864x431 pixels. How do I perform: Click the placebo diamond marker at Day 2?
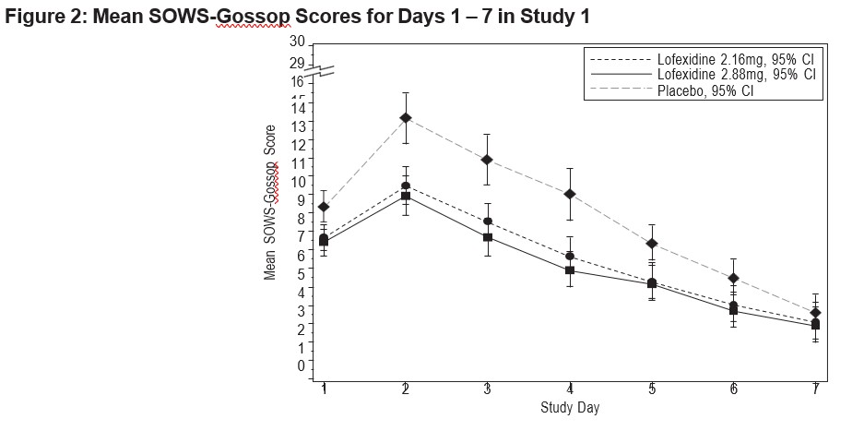click(x=406, y=117)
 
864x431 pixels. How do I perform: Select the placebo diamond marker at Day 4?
click(x=570, y=194)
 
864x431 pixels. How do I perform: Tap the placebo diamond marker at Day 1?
click(x=324, y=207)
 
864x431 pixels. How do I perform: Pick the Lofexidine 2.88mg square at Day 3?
click(x=488, y=237)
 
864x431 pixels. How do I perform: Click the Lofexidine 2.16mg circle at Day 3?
click(x=488, y=221)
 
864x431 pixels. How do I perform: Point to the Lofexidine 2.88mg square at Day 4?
click(x=570, y=269)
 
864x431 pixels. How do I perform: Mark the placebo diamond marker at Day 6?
click(x=733, y=278)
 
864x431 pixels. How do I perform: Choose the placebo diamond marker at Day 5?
click(x=652, y=244)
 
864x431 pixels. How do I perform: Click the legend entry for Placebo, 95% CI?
click(x=705, y=90)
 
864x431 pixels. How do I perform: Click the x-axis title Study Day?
click(x=570, y=408)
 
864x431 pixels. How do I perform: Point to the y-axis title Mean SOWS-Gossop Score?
click(x=270, y=202)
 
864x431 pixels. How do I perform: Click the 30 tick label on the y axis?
click(x=297, y=42)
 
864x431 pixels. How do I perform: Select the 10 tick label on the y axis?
click(x=297, y=182)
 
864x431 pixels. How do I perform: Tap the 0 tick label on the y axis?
click(x=301, y=365)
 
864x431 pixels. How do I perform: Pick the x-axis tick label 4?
click(x=570, y=389)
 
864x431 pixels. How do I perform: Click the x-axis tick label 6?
click(x=733, y=389)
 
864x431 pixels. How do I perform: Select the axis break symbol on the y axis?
click(x=319, y=71)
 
